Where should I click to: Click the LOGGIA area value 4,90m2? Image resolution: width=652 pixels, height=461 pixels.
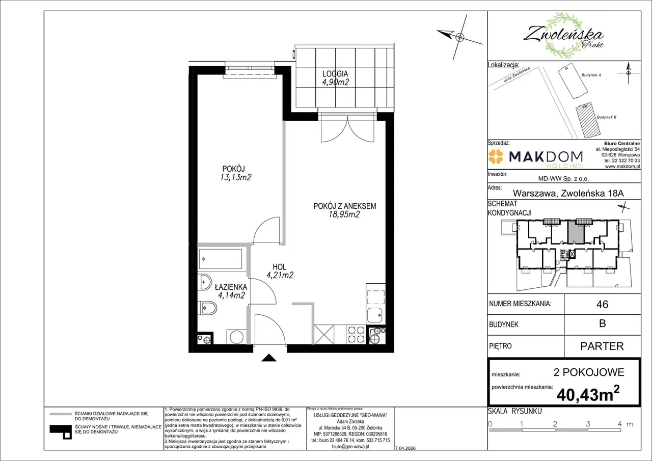coord(335,83)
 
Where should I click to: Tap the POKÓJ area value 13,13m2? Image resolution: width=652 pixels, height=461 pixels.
coord(235,177)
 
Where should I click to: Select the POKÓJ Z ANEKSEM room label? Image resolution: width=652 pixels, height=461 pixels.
coord(345,206)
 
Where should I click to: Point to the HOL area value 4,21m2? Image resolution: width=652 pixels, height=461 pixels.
coord(280,275)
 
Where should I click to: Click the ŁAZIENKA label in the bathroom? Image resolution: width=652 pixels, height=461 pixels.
coord(231,287)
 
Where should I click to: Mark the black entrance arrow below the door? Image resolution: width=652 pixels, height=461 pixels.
coord(268,358)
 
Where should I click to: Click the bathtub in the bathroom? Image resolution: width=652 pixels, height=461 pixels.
coord(221,259)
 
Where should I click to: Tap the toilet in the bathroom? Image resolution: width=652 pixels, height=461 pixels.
coord(207,308)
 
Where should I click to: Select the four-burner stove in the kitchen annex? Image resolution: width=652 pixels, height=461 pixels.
coord(356,334)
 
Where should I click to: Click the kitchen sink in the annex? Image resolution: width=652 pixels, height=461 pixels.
coord(375,315)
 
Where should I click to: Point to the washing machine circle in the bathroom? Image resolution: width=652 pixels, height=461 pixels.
coord(236,337)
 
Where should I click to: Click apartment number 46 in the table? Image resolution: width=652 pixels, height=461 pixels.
coord(602,304)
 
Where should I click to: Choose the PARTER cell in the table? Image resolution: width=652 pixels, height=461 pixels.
coord(602,346)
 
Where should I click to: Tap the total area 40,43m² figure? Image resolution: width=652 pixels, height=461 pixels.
coord(588,394)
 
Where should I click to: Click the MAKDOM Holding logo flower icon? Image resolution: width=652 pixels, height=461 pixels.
coord(496,156)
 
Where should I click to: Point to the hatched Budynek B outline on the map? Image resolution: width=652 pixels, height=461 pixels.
coord(588,120)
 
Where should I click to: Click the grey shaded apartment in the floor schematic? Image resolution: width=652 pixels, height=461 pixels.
coord(576,232)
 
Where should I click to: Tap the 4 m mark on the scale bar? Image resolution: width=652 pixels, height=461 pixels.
coord(620,424)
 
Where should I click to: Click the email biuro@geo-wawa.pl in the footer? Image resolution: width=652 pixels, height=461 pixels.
coord(350,446)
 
